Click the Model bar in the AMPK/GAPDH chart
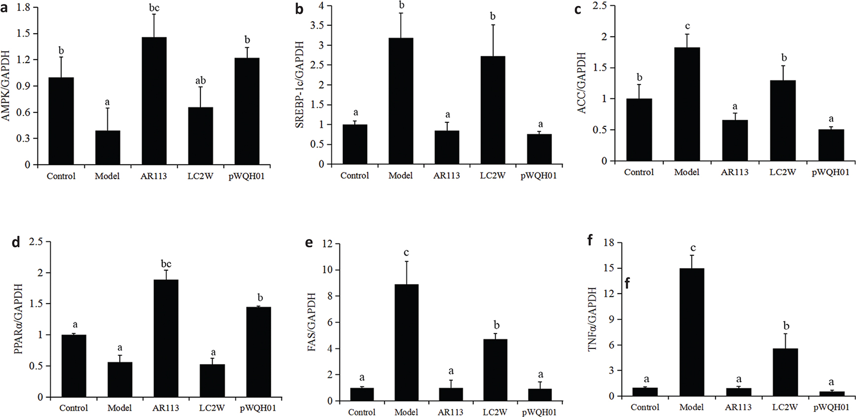pos(108,148)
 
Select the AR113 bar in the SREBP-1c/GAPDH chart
pos(447,147)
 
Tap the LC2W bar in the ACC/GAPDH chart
pos(783,120)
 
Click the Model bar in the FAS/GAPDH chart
pos(406,342)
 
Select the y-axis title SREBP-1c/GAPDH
pos(299,85)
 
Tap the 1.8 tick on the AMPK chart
pos(24,7)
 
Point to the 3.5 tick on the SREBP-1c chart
pos(317,26)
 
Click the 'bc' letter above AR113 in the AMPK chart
pos(154,8)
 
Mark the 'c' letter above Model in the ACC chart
pos(687,26)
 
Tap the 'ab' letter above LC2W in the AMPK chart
pos(200,80)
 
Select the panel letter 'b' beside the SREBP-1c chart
pos(299,9)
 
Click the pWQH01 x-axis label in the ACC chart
pos(831,172)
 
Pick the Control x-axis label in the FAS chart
pos(362,412)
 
